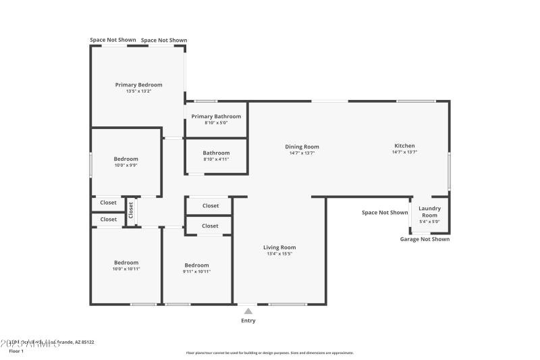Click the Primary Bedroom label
(138, 85)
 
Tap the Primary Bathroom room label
(216, 116)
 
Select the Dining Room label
(302, 147)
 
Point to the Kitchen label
(404, 146)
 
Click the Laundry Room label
(429, 211)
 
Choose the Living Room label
(279, 247)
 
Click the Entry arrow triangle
(248, 311)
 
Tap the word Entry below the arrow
(248, 321)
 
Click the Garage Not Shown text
(425, 239)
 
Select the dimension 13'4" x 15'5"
(279, 254)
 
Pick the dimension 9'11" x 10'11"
(196, 272)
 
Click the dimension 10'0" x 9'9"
(126, 165)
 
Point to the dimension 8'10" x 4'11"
(216, 159)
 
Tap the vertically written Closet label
(131, 211)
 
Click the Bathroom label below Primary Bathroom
(216, 153)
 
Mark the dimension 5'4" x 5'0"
(429, 222)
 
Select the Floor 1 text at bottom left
(16, 351)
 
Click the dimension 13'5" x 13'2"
(138, 91)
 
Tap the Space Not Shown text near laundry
(385, 213)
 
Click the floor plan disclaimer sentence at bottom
(270, 353)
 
